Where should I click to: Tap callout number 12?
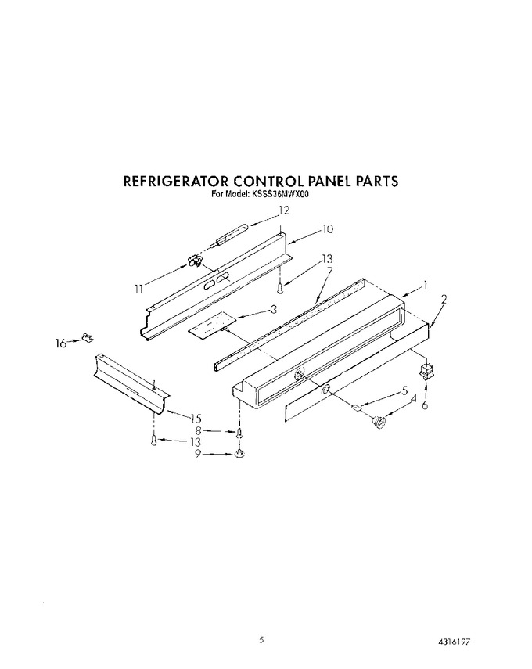click(x=284, y=210)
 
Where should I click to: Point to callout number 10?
click(x=327, y=229)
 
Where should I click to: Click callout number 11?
click(x=138, y=290)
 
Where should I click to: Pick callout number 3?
click(x=274, y=309)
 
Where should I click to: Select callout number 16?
click(x=61, y=343)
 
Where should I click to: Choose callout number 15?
click(x=196, y=418)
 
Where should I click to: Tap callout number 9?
click(x=197, y=455)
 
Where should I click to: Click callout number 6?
click(x=425, y=405)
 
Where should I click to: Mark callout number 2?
click(x=444, y=299)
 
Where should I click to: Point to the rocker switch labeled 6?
click(x=426, y=372)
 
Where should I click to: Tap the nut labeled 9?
click(x=239, y=454)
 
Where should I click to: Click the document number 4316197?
click(x=456, y=629)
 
